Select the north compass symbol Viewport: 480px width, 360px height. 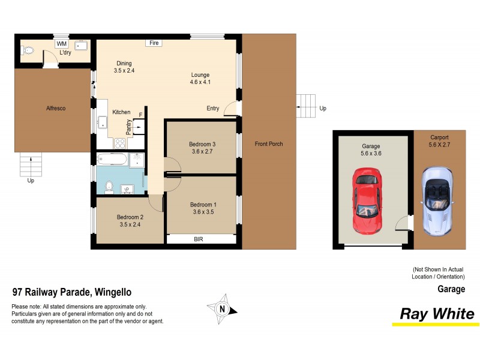click(223, 309)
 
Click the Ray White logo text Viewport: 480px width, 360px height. click(437, 314)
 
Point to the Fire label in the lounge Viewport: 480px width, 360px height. click(154, 43)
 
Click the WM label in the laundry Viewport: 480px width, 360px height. click(61, 44)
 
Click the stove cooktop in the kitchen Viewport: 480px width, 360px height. click(119, 143)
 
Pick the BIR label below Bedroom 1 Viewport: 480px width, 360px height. click(198, 239)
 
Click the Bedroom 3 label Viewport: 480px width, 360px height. click(202, 144)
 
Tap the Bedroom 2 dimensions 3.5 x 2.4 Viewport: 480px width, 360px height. click(130, 225)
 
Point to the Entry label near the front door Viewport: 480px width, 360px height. click(213, 109)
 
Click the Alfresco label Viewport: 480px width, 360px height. click(56, 109)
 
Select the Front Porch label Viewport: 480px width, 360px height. click(268, 144)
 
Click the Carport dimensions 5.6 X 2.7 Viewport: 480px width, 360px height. click(439, 145)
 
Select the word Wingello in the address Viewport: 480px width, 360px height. click(112, 293)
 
